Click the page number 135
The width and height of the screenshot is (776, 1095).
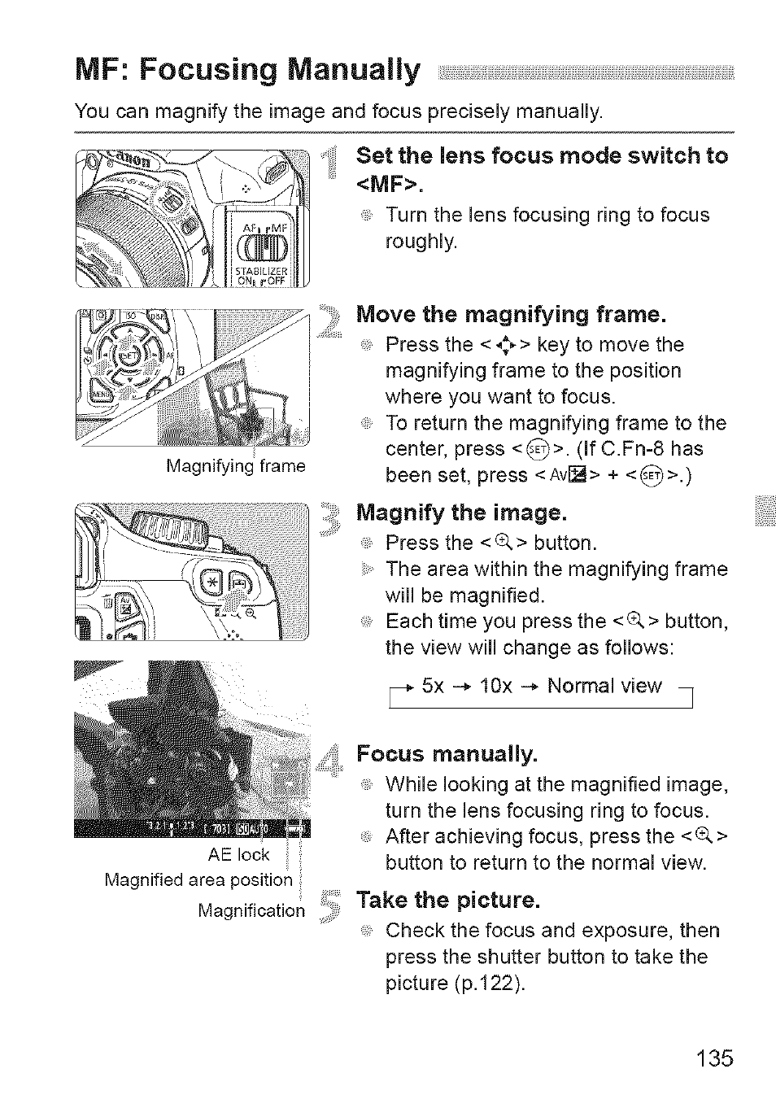point(714,1058)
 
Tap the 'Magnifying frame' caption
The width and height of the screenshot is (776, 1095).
point(235,466)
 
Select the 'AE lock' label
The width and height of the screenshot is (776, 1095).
point(238,854)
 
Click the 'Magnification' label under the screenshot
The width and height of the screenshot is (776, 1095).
point(251,910)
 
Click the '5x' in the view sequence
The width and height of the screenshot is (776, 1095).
point(433,686)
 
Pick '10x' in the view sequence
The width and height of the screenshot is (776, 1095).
point(496,686)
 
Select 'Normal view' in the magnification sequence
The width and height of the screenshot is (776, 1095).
point(604,686)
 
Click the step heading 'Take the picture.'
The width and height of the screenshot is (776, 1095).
point(448,901)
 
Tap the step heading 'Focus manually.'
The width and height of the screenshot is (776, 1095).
point(447,755)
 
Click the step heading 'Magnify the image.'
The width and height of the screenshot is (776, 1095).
point(460,513)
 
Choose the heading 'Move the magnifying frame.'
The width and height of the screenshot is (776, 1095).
point(512,314)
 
